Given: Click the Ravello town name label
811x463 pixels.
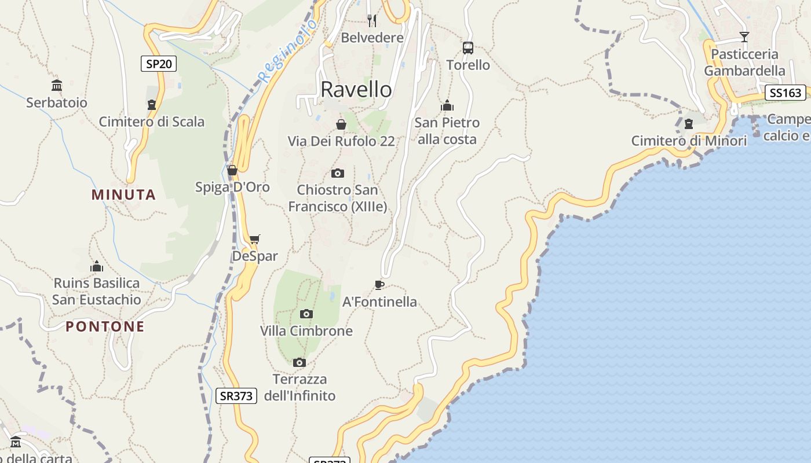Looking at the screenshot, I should click(356, 90).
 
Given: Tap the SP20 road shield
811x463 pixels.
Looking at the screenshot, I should click(158, 64).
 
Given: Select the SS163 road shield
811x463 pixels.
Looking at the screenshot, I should click(786, 93).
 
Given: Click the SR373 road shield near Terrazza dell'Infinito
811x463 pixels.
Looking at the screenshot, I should click(236, 396).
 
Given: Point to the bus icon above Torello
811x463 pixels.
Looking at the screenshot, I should click(468, 48).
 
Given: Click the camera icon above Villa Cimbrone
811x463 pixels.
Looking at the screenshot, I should click(306, 314).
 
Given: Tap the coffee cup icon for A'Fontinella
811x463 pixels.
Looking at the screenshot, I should click(379, 284).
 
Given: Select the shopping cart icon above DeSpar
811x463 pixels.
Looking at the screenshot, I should click(255, 239).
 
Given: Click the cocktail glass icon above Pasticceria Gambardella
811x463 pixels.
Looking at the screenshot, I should click(744, 37).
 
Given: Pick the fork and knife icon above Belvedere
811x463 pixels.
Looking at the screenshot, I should click(372, 21).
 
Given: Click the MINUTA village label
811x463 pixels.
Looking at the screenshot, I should click(123, 194).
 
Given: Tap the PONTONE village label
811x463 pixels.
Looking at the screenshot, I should click(105, 326).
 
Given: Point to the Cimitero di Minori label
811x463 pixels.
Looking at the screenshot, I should click(689, 141).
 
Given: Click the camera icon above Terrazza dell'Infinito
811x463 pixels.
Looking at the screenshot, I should click(299, 362).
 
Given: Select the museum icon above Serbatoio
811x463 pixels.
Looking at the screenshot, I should click(57, 86).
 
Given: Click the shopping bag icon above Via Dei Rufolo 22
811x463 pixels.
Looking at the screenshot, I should click(341, 124).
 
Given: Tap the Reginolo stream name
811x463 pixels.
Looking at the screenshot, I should click(288, 50).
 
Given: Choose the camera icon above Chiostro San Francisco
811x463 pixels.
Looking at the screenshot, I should click(338, 173).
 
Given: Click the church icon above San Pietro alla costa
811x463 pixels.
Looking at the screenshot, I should click(447, 105).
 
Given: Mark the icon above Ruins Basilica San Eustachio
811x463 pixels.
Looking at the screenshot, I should click(97, 266).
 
